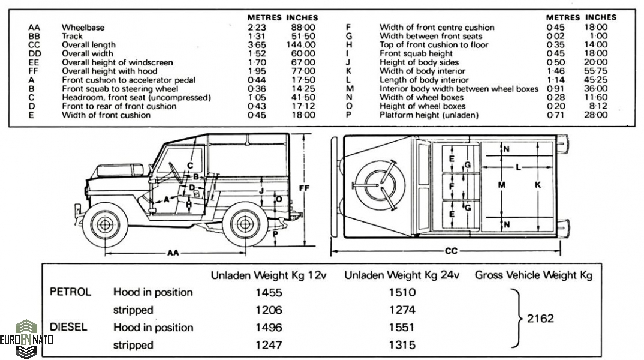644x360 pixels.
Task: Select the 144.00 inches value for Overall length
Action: (301, 44)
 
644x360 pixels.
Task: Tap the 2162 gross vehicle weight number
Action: (540, 319)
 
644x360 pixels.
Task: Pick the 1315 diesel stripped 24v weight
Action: (402, 345)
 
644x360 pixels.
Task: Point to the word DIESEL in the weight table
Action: (69, 327)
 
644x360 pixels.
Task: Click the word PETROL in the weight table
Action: (70, 292)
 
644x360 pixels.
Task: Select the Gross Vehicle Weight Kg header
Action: (533, 275)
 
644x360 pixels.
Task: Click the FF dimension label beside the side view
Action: (304, 188)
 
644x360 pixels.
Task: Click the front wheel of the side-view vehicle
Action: (106, 225)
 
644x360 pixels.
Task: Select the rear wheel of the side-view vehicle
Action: (244, 226)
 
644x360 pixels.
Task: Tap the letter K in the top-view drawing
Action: (538, 185)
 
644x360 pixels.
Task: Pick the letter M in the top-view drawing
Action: (501, 185)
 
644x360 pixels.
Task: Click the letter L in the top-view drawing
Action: (518, 166)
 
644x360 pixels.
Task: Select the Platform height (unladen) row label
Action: (429, 115)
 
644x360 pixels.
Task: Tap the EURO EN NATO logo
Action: (26, 339)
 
